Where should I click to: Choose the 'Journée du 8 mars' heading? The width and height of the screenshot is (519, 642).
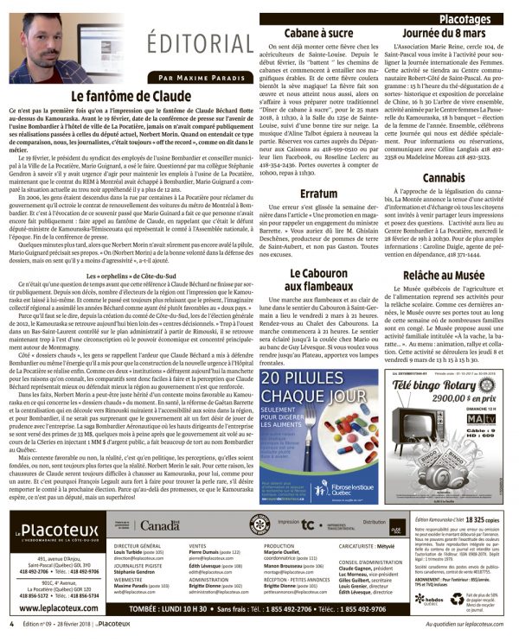coord(447,33)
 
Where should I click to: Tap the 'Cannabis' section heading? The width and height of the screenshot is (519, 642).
coord(447,178)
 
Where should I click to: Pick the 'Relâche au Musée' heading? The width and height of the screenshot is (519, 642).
coord(447,276)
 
